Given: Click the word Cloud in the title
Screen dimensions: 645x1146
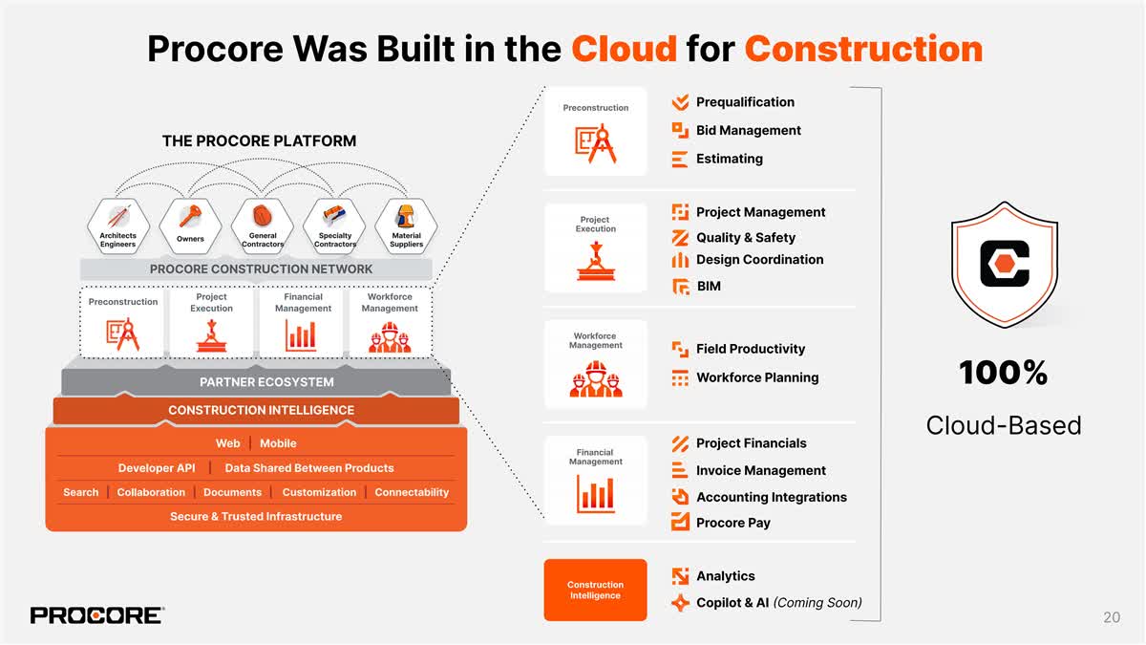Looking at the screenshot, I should pos(624,48).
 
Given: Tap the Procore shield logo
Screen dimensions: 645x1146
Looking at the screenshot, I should pos(1004,264).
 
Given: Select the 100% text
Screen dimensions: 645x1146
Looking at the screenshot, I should pos(1003,374).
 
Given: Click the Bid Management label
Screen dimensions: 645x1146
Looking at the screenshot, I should pos(748,130).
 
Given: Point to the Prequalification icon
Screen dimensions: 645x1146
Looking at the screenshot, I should pos(680,102).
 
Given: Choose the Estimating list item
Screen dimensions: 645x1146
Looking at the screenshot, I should pos(729,159).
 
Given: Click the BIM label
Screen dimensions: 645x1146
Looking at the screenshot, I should pos(709,286).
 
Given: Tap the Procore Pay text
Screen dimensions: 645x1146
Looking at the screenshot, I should pos(732,523).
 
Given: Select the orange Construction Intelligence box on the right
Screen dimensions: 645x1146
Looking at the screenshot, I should pos(595,590).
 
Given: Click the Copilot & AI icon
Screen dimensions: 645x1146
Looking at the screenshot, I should pos(680,603).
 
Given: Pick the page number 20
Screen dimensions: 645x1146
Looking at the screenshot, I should pos(1111,617).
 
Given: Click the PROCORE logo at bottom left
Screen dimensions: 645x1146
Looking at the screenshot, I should pos(96,615).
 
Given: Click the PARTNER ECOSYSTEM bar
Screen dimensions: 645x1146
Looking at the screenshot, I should pos(266,382).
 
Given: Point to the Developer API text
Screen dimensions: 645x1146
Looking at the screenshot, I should pos(157,468).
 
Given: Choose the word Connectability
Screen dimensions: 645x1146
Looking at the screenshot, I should pos(412,492).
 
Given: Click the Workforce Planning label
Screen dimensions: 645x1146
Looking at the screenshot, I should pos(756,377).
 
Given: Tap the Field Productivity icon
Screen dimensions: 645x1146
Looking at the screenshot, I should pos(680,350).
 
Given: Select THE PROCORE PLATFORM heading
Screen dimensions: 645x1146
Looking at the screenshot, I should pos(259,141).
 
